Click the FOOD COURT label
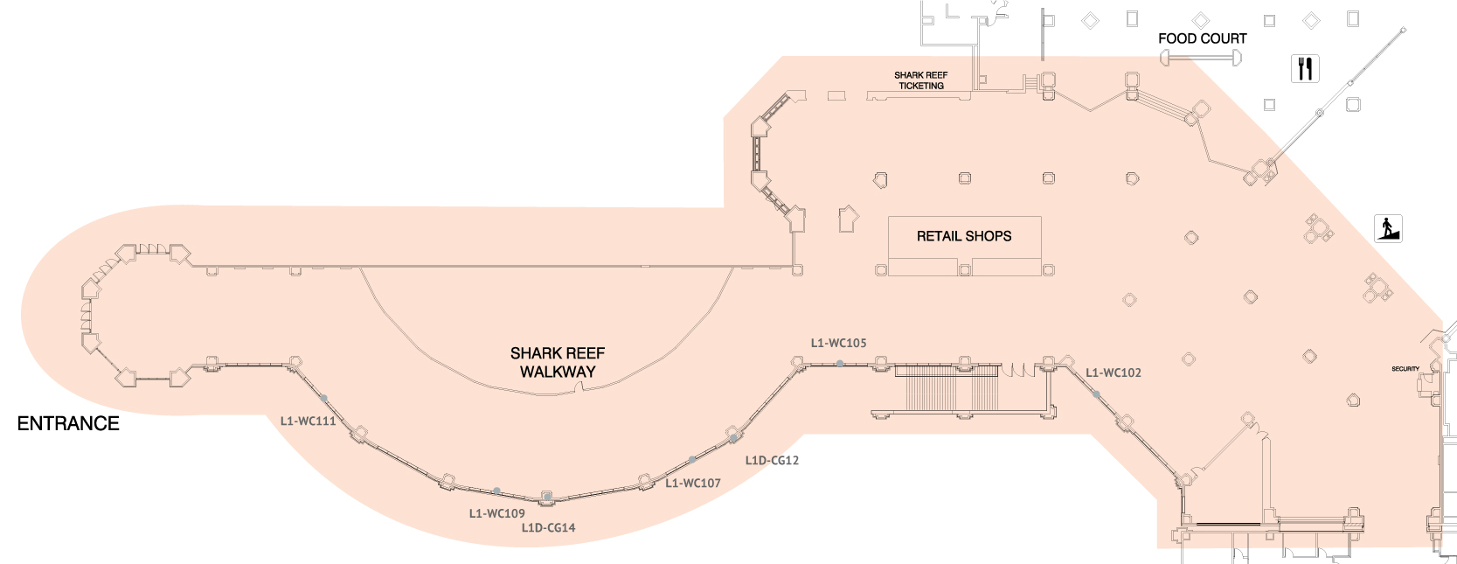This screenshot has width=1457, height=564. [x=1202, y=38]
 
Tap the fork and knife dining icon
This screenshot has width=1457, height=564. [x=1305, y=68]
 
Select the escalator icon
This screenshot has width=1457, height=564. [x=1388, y=228]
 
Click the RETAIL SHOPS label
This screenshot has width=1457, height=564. [x=964, y=236]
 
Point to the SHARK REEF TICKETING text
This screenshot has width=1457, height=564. [x=920, y=80]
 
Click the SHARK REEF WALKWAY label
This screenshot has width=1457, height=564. [x=558, y=362]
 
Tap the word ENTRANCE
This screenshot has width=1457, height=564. [x=68, y=424]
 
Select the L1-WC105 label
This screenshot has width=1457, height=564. [x=838, y=343]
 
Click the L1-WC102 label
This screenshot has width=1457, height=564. [x=1113, y=373]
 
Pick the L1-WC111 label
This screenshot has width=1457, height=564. [x=308, y=421]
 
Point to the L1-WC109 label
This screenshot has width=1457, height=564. [x=496, y=513]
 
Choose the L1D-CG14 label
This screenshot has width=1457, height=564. [x=548, y=527]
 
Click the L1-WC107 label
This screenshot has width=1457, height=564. [x=692, y=483]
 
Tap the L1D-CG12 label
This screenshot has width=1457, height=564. [x=772, y=460]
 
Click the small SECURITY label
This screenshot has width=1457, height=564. [x=1405, y=369]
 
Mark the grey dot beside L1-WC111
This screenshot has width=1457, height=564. [x=323, y=398]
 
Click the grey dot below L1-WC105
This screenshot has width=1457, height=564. [x=839, y=363]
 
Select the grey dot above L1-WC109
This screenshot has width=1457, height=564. [x=496, y=491]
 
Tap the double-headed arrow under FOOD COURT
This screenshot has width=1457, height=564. [x=1201, y=58]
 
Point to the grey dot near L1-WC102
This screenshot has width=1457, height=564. [x=1096, y=394]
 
